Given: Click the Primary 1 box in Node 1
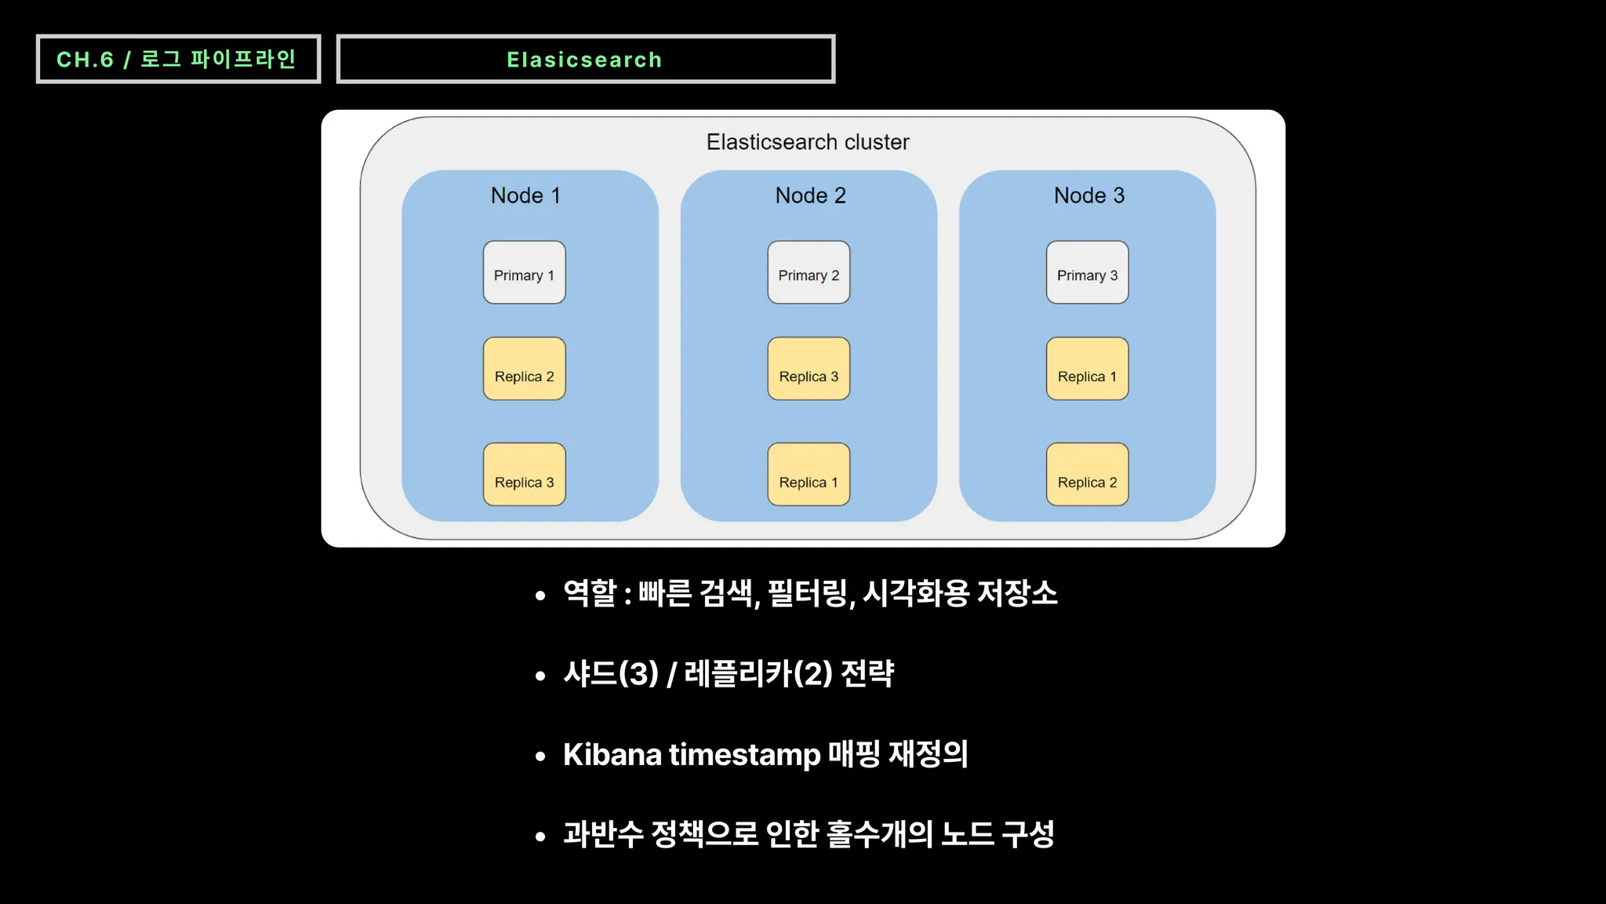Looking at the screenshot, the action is [x=524, y=272].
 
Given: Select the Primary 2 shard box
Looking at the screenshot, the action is [x=808, y=272].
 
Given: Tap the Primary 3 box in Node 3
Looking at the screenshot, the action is [x=1087, y=272].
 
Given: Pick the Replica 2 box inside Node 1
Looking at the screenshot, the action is [x=524, y=369].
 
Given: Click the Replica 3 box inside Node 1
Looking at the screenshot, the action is [x=524, y=474].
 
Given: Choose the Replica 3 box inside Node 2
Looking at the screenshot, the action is [x=808, y=369].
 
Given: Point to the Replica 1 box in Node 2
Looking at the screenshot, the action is [x=808, y=474].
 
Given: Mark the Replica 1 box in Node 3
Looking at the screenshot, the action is [x=1087, y=369].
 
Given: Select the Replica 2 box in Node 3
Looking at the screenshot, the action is [x=1087, y=474].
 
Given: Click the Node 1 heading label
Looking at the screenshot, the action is [x=525, y=195].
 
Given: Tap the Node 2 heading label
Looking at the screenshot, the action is [x=811, y=195].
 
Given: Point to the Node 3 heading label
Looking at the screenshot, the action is [x=1089, y=195].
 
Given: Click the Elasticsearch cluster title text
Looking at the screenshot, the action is [x=808, y=142].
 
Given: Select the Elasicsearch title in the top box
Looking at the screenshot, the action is [x=584, y=60].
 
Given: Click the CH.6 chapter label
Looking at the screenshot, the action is [x=85, y=60].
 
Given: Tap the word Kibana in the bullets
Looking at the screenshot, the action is [x=612, y=754].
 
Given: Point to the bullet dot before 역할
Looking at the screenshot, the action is [x=540, y=596].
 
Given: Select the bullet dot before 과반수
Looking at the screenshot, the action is [x=540, y=837].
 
